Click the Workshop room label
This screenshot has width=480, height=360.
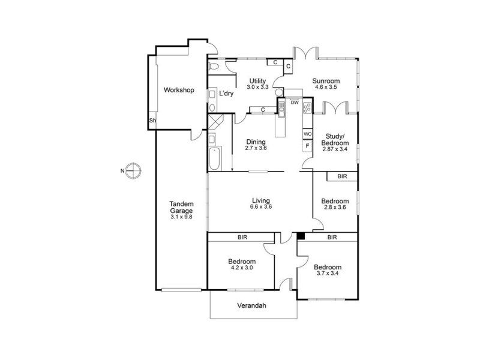tap(179, 90)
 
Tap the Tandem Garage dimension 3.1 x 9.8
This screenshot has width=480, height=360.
tap(181, 217)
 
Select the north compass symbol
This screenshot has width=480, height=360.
tap(133, 170)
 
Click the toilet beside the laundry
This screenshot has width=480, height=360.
tap(214, 66)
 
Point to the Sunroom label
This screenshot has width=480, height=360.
tap(326, 81)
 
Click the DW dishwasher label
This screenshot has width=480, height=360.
tap(295, 103)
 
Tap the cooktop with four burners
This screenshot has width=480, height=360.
tap(307, 108)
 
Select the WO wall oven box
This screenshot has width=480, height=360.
tap(308, 134)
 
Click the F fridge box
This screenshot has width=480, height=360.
tap(308, 146)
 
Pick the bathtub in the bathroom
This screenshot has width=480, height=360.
tap(215, 159)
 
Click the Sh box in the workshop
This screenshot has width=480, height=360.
tap(152, 121)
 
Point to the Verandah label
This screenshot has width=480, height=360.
tap(251, 305)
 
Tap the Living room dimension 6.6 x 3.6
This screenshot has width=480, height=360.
tap(261, 206)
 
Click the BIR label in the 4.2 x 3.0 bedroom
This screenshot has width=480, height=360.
tap(242, 237)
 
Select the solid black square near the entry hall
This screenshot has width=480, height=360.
tap(301, 236)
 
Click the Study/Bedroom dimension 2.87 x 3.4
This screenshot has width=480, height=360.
tap(335, 149)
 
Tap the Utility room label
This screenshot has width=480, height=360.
tap(257, 81)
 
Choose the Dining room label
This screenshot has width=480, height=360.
tap(256, 142)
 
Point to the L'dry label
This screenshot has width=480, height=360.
tap(226, 94)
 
